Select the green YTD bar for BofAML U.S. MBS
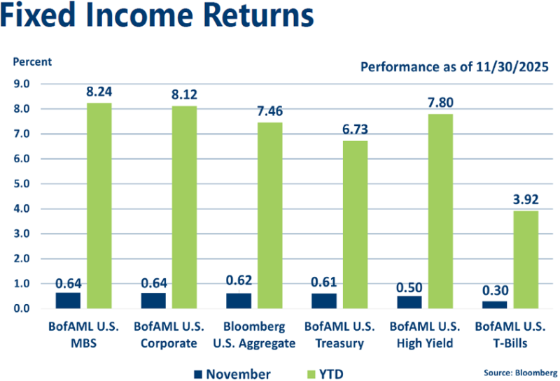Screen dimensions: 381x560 99,206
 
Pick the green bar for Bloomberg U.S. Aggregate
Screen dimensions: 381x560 269,215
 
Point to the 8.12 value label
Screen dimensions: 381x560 184,94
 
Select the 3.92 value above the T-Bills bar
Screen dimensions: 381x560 526,199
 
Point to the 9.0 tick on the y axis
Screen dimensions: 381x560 22,84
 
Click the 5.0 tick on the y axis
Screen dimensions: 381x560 22,184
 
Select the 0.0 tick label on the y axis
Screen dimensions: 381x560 22,308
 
